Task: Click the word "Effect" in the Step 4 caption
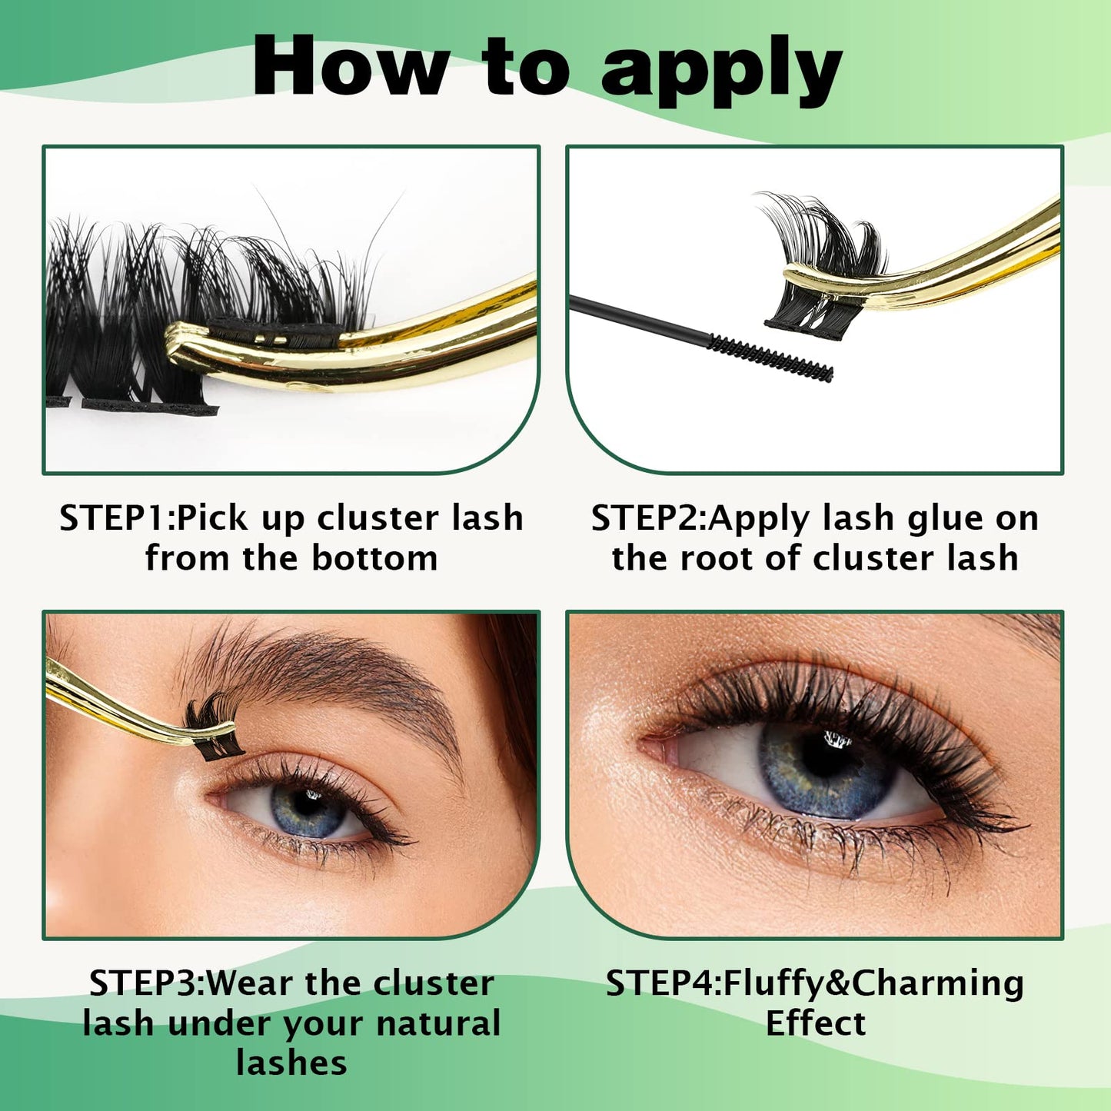point(816,1023)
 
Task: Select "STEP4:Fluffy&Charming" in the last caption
point(815,983)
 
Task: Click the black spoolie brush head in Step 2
point(770,358)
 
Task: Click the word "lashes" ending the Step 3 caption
point(291,1063)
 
